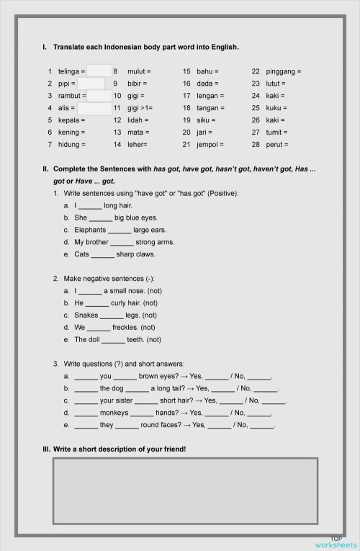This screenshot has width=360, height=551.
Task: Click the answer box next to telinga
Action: tap(99, 71)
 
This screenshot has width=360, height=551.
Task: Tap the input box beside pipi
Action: tap(91, 84)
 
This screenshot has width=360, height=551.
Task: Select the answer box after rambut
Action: tap(99, 96)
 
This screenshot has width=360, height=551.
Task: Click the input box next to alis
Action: tap(91, 108)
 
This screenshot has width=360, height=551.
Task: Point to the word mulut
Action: tap(137, 71)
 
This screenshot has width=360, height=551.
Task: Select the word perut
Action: tap(276, 145)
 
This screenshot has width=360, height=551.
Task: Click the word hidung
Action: tap(68, 145)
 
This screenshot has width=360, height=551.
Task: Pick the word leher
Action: tap(136, 145)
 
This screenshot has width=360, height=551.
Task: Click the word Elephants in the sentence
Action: tap(90, 230)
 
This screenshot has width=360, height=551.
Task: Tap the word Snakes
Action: tap(86, 315)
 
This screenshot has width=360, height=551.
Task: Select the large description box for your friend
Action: tap(185, 490)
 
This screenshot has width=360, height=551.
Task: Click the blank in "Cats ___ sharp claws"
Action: tap(103, 254)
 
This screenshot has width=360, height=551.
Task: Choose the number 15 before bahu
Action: tap(186, 71)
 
